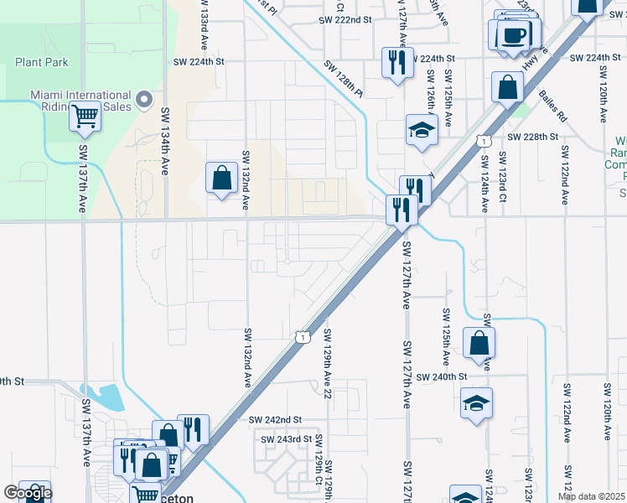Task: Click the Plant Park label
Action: coord(41,62)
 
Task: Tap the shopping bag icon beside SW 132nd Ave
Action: coord(221,178)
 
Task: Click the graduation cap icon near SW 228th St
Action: coord(422,129)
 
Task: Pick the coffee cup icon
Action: coord(513,35)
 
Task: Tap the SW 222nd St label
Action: coord(345,19)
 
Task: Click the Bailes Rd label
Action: coord(554,107)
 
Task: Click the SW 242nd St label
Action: coord(275,419)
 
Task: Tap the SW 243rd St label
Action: coord(286,438)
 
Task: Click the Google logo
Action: coord(28,493)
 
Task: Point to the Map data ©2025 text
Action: coord(592,496)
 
